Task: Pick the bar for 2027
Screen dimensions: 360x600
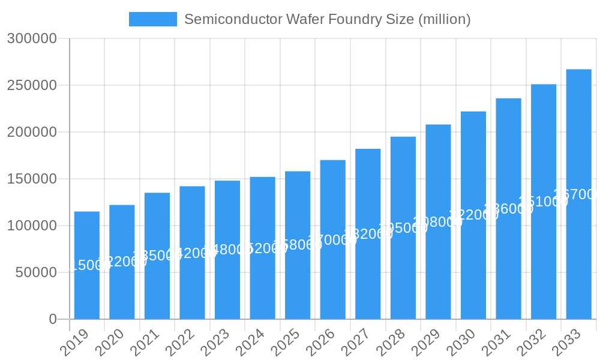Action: tap(368, 234)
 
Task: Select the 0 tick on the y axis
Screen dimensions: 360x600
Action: tap(53, 319)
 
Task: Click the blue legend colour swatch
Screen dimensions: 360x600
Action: tap(153, 19)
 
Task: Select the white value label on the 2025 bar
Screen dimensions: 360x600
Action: tap(298, 245)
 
